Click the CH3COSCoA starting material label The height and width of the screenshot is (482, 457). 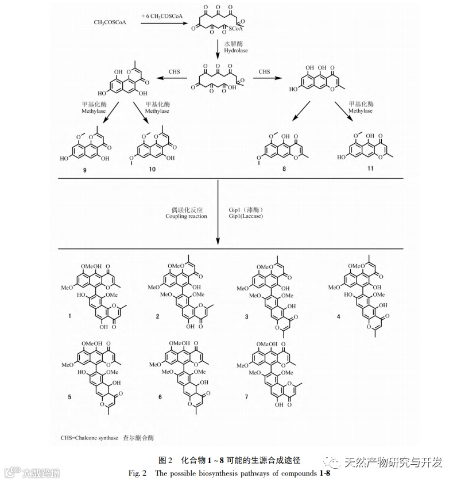pos(110,23)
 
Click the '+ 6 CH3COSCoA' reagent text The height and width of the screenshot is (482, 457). pos(162,17)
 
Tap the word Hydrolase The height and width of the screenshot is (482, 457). pos(235,51)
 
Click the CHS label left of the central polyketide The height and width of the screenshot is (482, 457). pos(174,72)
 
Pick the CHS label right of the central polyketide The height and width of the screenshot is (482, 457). pos(264,72)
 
